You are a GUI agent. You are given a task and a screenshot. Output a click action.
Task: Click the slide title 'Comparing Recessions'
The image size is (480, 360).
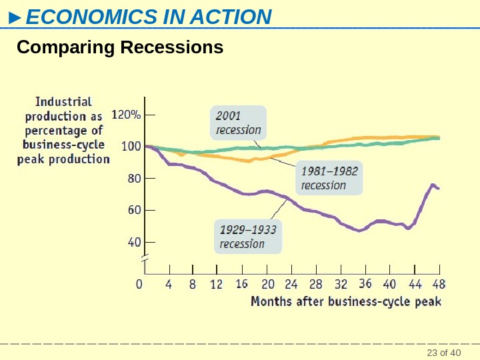pyautogui.click(x=120, y=49)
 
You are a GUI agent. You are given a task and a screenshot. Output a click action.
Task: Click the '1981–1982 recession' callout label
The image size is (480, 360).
pyautogui.click(x=329, y=177)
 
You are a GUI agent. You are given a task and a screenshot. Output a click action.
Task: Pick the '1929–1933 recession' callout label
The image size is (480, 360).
pyautogui.click(x=247, y=237)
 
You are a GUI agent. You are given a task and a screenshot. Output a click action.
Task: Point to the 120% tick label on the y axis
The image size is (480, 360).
pyautogui.click(x=126, y=115)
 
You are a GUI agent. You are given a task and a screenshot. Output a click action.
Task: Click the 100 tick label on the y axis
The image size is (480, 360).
pyautogui.click(x=130, y=146)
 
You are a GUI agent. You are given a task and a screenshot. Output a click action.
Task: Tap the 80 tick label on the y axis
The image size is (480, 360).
pyautogui.click(x=133, y=178)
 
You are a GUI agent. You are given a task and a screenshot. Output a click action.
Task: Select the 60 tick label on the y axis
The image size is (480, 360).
pyautogui.click(x=133, y=210)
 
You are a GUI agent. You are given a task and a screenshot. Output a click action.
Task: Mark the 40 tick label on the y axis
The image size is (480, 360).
pyautogui.click(x=133, y=242)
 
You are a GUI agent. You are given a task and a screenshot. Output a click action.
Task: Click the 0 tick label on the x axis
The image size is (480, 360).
pyautogui.click(x=139, y=285)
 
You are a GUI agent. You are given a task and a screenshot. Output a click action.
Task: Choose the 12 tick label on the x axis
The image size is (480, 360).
pyautogui.click(x=217, y=285)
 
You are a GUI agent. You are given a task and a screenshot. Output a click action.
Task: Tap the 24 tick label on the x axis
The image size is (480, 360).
pyautogui.click(x=291, y=285)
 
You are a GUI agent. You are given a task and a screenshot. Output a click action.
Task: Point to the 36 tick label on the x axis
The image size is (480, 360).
pyautogui.click(x=365, y=285)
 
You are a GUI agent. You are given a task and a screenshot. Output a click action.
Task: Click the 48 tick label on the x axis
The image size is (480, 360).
pyautogui.click(x=439, y=285)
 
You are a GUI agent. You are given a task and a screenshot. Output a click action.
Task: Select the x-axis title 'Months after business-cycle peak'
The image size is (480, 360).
pyautogui.click(x=345, y=301)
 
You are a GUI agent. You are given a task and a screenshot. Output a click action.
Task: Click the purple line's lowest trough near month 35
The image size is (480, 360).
pyautogui.click(x=359, y=231)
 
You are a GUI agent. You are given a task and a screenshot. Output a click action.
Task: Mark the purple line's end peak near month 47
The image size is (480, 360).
pyautogui.click(x=433, y=185)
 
